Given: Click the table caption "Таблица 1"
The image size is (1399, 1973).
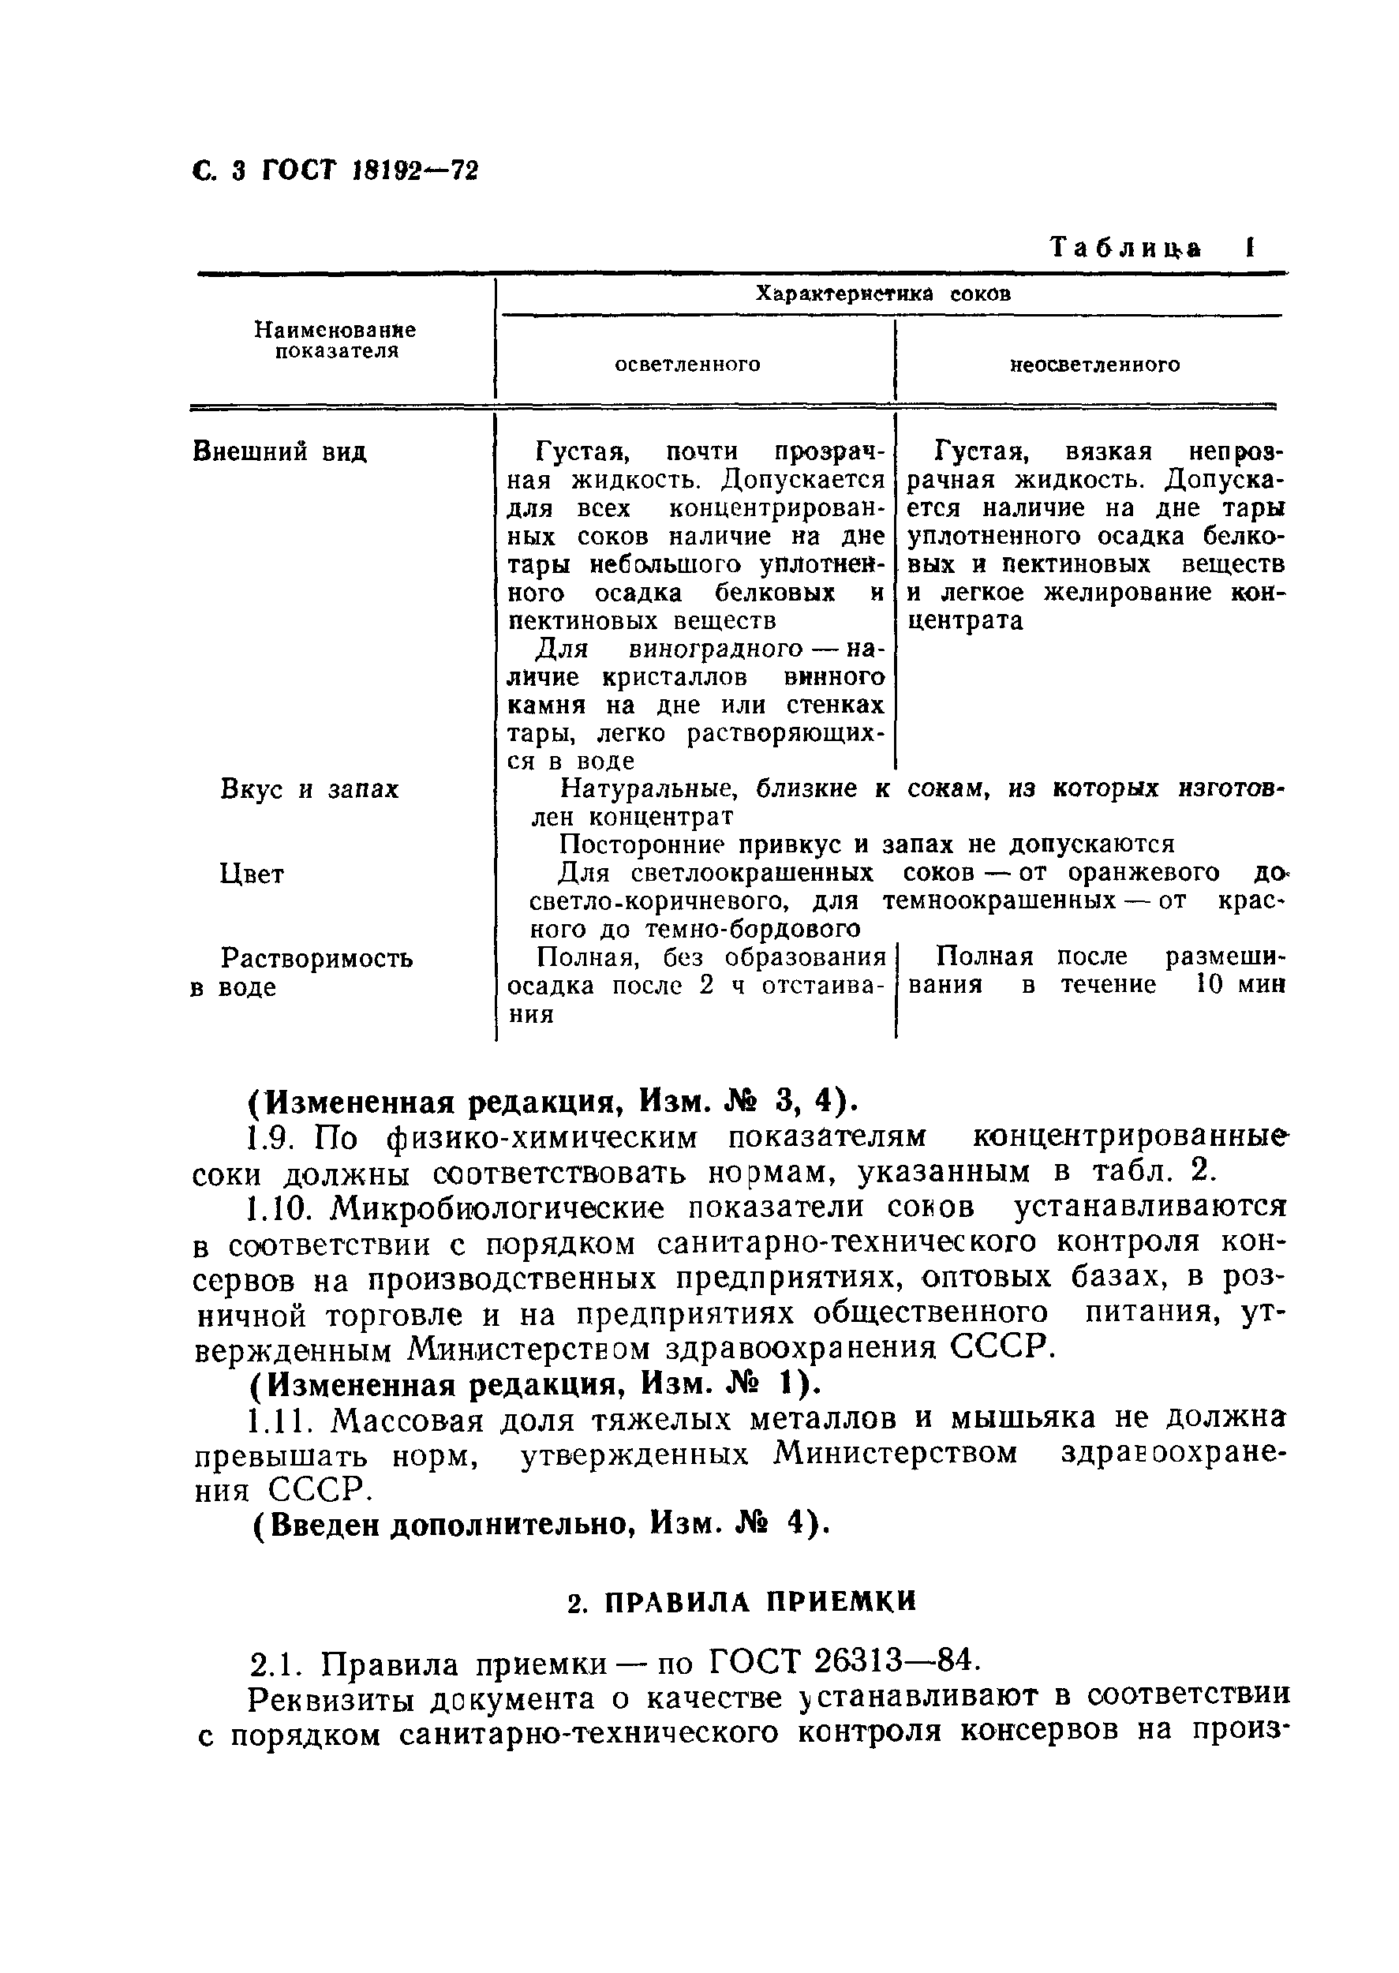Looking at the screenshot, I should click(1152, 248).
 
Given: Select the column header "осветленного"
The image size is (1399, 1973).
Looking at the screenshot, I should click(686, 365).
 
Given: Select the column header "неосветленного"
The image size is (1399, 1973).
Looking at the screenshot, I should click(1094, 365).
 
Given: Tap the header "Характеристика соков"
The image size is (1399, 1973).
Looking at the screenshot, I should click(882, 294).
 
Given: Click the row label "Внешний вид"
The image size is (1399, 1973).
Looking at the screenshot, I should click(280, 451).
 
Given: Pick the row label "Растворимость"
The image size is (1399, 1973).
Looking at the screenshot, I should click(316, 958).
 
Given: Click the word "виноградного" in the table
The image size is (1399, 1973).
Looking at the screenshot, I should click(716, 648).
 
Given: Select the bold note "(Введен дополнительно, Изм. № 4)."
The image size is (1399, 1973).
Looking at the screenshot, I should click(541, 1524).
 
